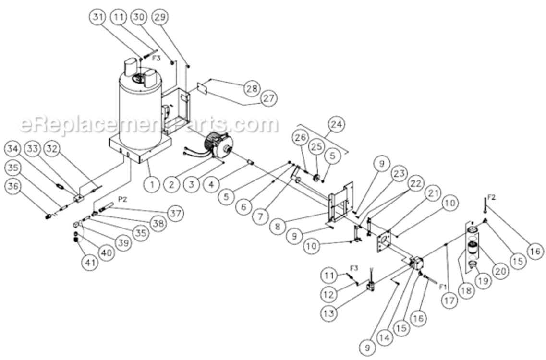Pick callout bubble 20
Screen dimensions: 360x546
pyautogui.click(x=499, y=271)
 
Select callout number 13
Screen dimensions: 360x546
pyautogui.click(x=332, y=312)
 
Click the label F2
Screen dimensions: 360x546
pyautogui.click(x=491, y=197)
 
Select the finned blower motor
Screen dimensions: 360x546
pyautogui.click(x=220, y=145)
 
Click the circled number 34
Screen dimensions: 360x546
pyautogui.click(x=15, y=149)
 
